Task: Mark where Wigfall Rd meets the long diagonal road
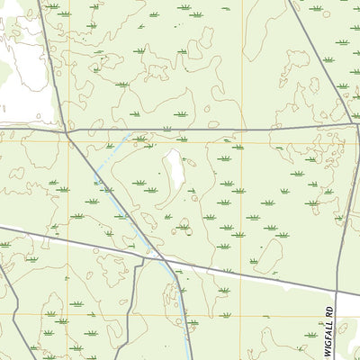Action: pos(337,292)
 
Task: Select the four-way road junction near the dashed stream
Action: pos(67,132)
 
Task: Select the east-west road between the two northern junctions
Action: pos(207,130)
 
